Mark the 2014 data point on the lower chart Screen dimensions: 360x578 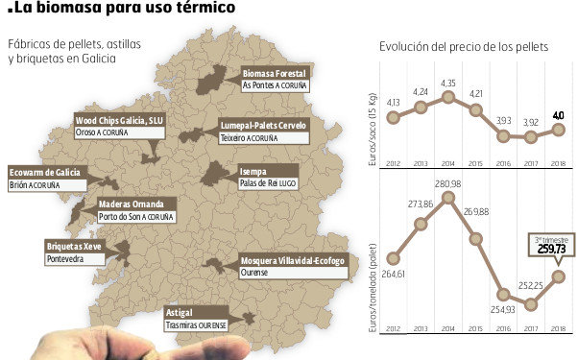coord(447,201)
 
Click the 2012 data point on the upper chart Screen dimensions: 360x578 coord(393,118)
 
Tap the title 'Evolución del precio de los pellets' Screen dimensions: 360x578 coord(464,47)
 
